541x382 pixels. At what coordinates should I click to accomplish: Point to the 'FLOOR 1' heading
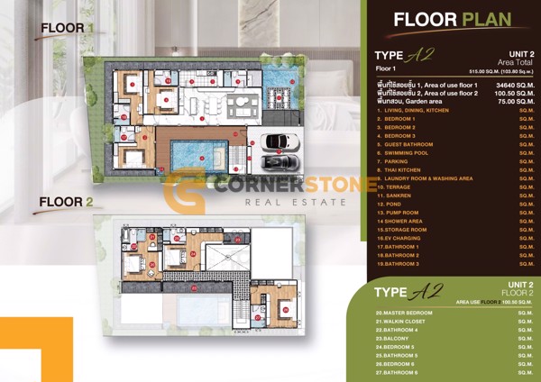click(x=67, y=29)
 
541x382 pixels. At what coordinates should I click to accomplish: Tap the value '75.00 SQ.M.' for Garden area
click(x=504, y=102)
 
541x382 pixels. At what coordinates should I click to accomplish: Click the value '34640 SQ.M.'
click(x=502, y=84)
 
